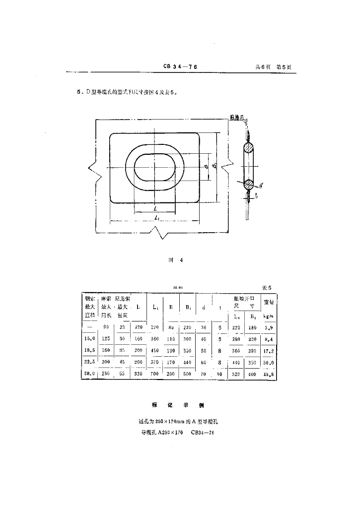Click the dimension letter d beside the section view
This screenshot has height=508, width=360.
pos(261,185)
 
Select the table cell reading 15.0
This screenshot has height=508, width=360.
pos(89,338)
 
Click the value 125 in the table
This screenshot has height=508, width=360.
pos(106,338)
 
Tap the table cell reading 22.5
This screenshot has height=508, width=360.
pos(89,361)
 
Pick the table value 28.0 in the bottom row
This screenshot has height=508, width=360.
pos(89,373)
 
